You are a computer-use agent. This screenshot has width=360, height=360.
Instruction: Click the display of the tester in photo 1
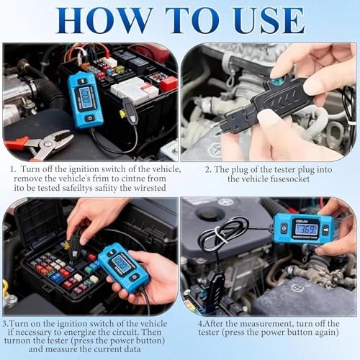86,99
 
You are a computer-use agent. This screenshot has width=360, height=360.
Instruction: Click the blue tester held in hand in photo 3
123,266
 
